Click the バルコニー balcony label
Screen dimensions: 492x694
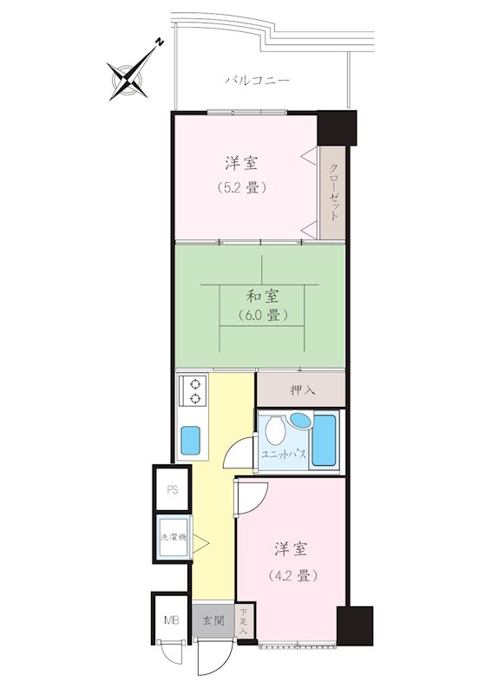coord(258,81)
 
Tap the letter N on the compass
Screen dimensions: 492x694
coord(160,43)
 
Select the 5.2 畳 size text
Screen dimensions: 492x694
coord(242,188)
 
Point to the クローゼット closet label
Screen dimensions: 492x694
coord(334,193)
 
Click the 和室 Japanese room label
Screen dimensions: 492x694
coord(262,296)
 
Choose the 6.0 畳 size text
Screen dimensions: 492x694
coord(262,315)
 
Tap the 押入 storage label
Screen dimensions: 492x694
coord(303,390)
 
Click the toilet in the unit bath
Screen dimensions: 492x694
coord(275,429)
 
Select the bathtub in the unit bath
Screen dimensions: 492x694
coord(325,440)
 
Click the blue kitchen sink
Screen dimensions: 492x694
coord(191,440)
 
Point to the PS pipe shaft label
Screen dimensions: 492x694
coord(173,490)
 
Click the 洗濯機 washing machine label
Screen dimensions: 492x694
coord(174,538)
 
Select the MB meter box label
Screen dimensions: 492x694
coord(173,620)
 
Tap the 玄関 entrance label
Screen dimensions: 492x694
coord(213,620)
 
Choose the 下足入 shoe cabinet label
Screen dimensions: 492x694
coord(244,622)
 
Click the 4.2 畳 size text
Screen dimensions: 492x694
coord(293,576)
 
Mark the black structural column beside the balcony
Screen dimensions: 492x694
coord(338,128)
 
